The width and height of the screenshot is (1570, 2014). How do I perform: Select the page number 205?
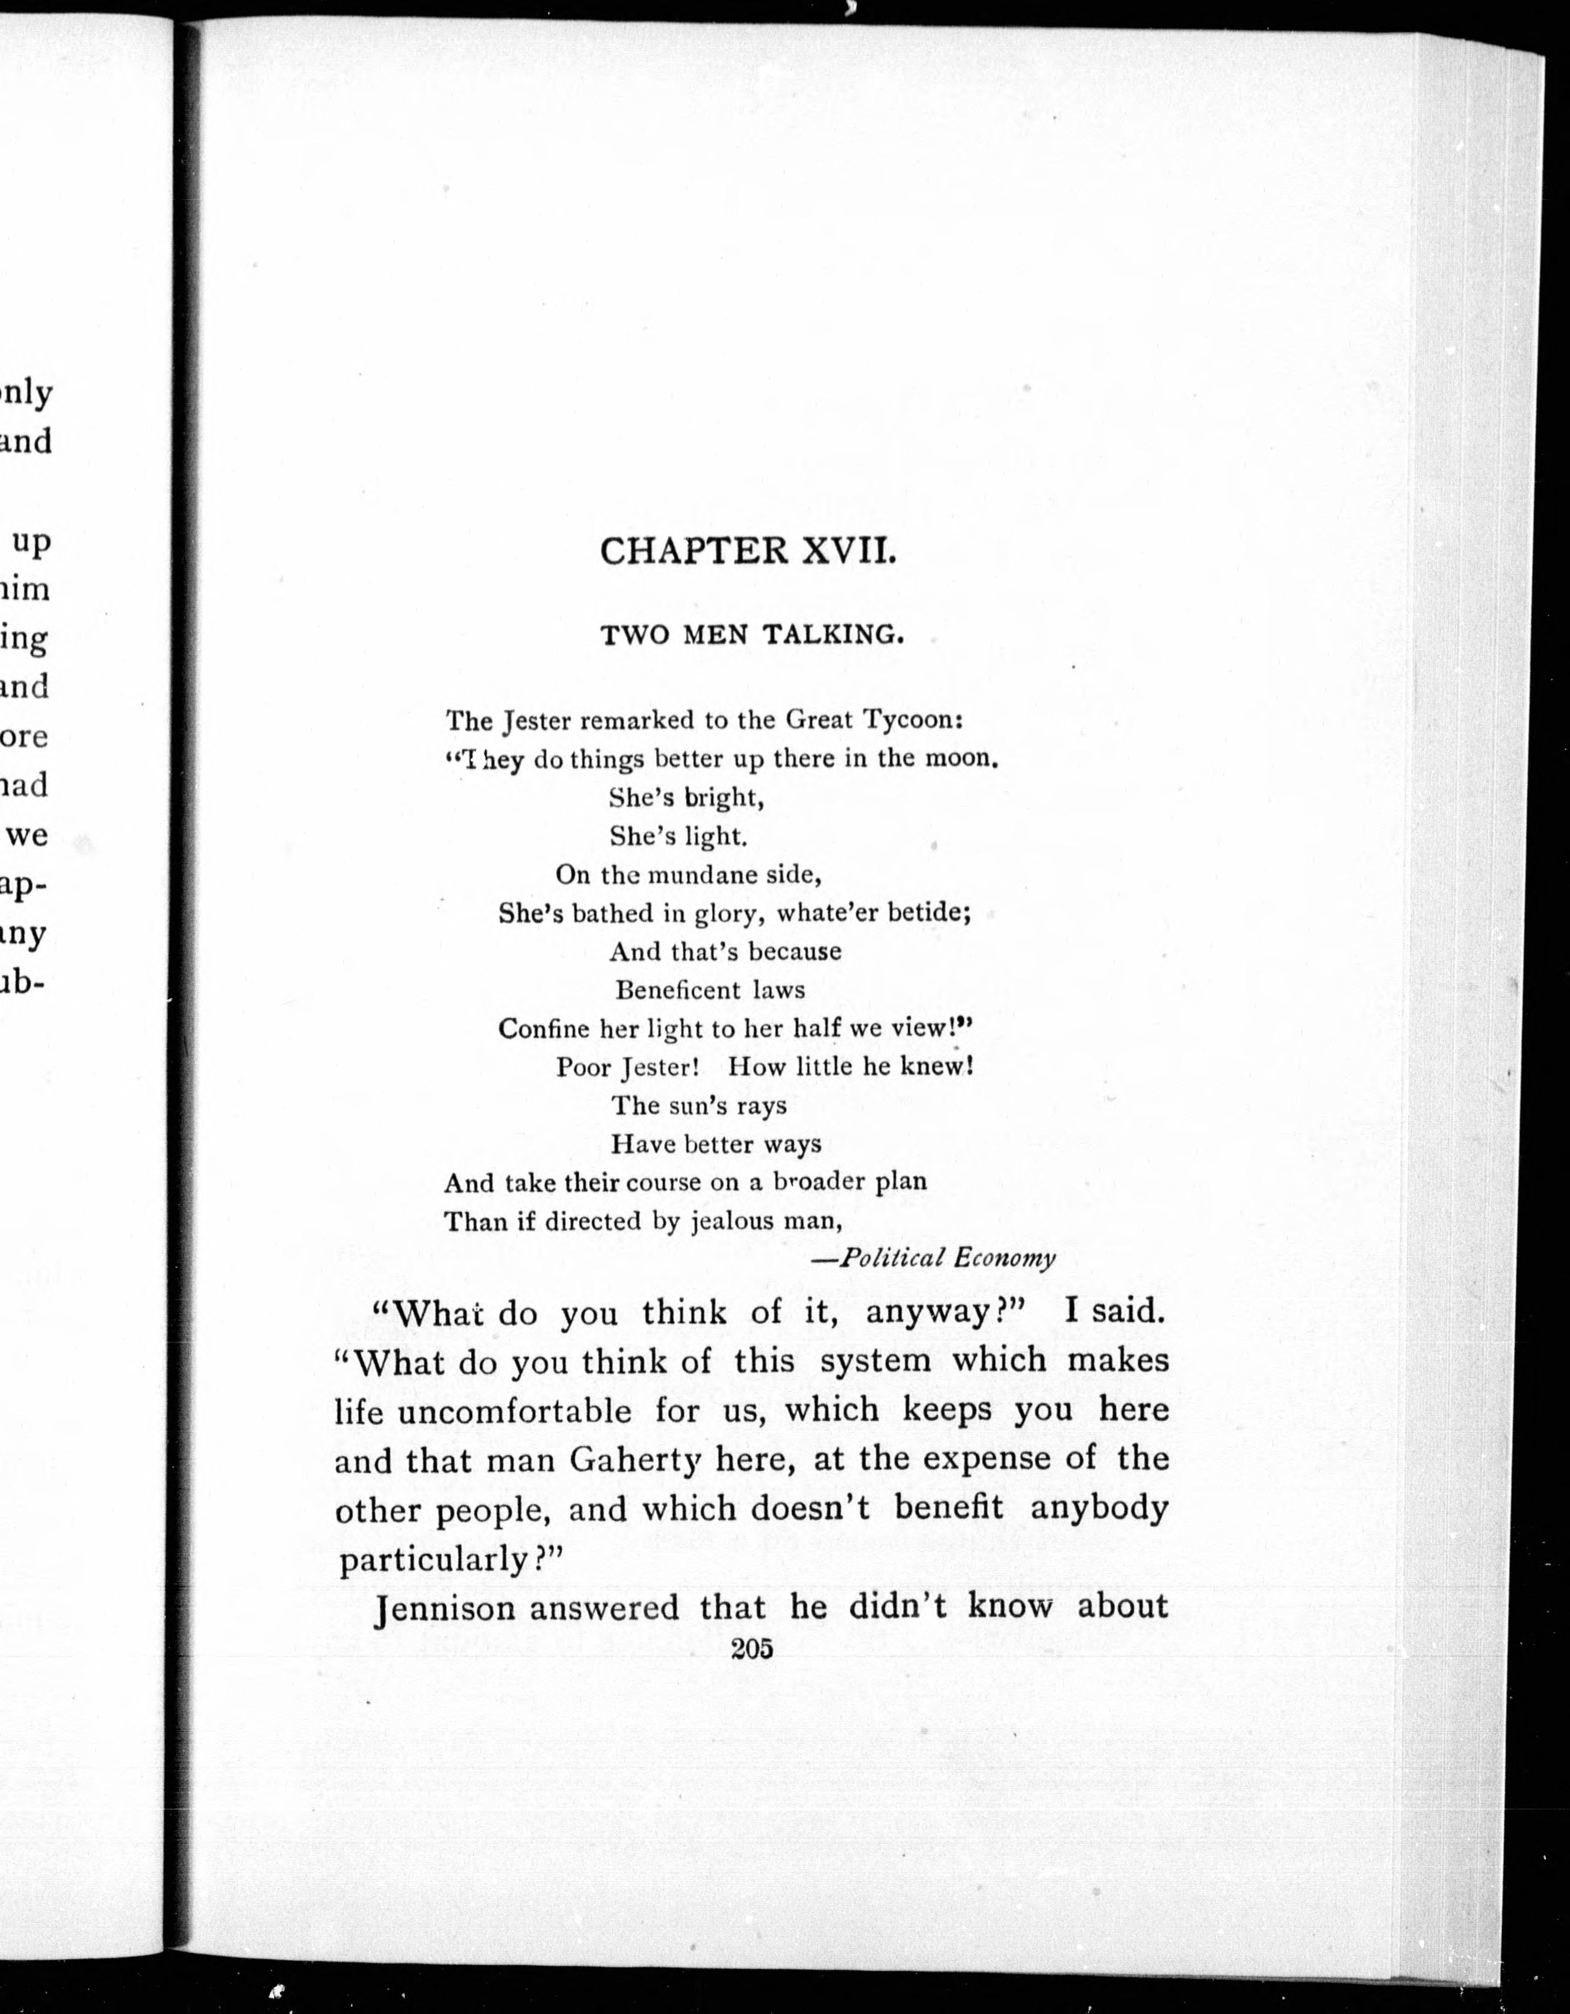pos(751,1650)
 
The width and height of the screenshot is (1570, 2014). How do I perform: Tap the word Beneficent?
pos(678,990)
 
